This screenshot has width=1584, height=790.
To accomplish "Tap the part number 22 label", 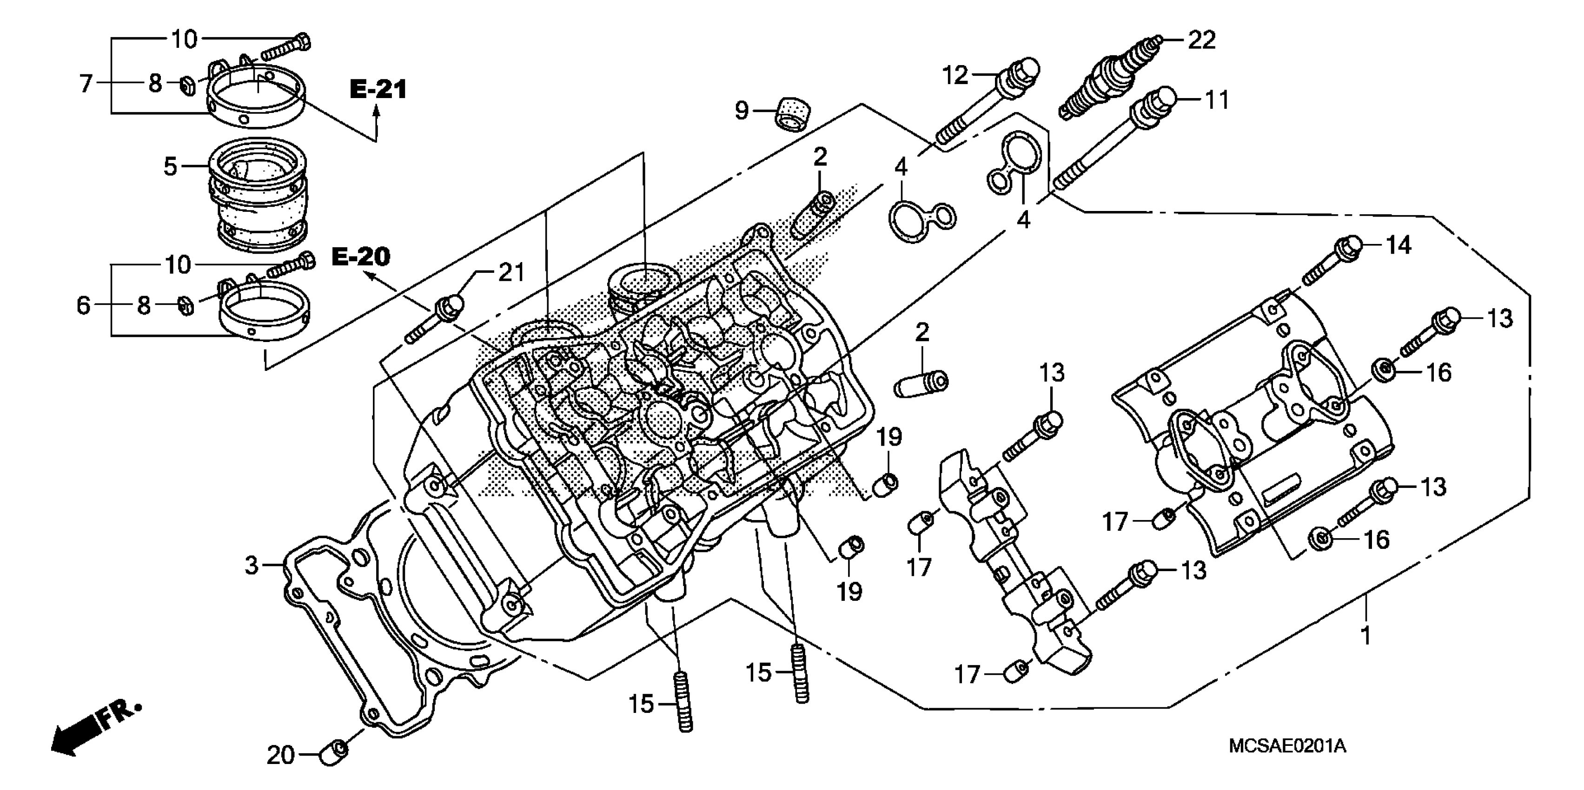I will pyautogui.click(x=1201, y=40).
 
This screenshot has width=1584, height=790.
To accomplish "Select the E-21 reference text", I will pyautogui.click(x=378, y=90).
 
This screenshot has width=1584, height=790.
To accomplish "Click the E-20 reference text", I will pyautogui.click(x=361, y=257).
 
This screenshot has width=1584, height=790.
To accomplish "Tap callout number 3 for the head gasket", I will pyautogui.click(x=252, y=565).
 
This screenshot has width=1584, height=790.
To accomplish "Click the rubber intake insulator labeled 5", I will pyautogui.click(x=258, y=203).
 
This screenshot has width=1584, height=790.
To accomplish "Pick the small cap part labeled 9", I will pyautogui.click(x=792, y=115).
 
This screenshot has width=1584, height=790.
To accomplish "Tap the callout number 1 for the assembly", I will pyautogui.click(x=1365, y=635).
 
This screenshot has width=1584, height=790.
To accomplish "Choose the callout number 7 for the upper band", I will pyautogui.click(x=86, y=83).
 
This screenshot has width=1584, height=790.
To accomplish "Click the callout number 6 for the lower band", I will pyautogui.click(x=84, y=305).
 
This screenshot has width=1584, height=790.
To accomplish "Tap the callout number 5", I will pyautogui.click(x=170, y=166).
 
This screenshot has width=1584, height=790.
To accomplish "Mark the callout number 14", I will pyautogui.click(x=1398, y=245).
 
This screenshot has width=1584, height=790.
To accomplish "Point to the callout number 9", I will pyautogui.click(x=742, y=111).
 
